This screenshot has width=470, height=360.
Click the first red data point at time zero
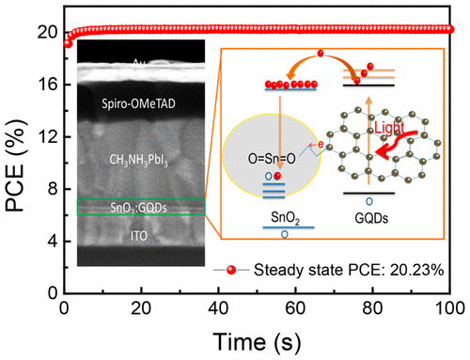pyautogui.click(x=67, y=42)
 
